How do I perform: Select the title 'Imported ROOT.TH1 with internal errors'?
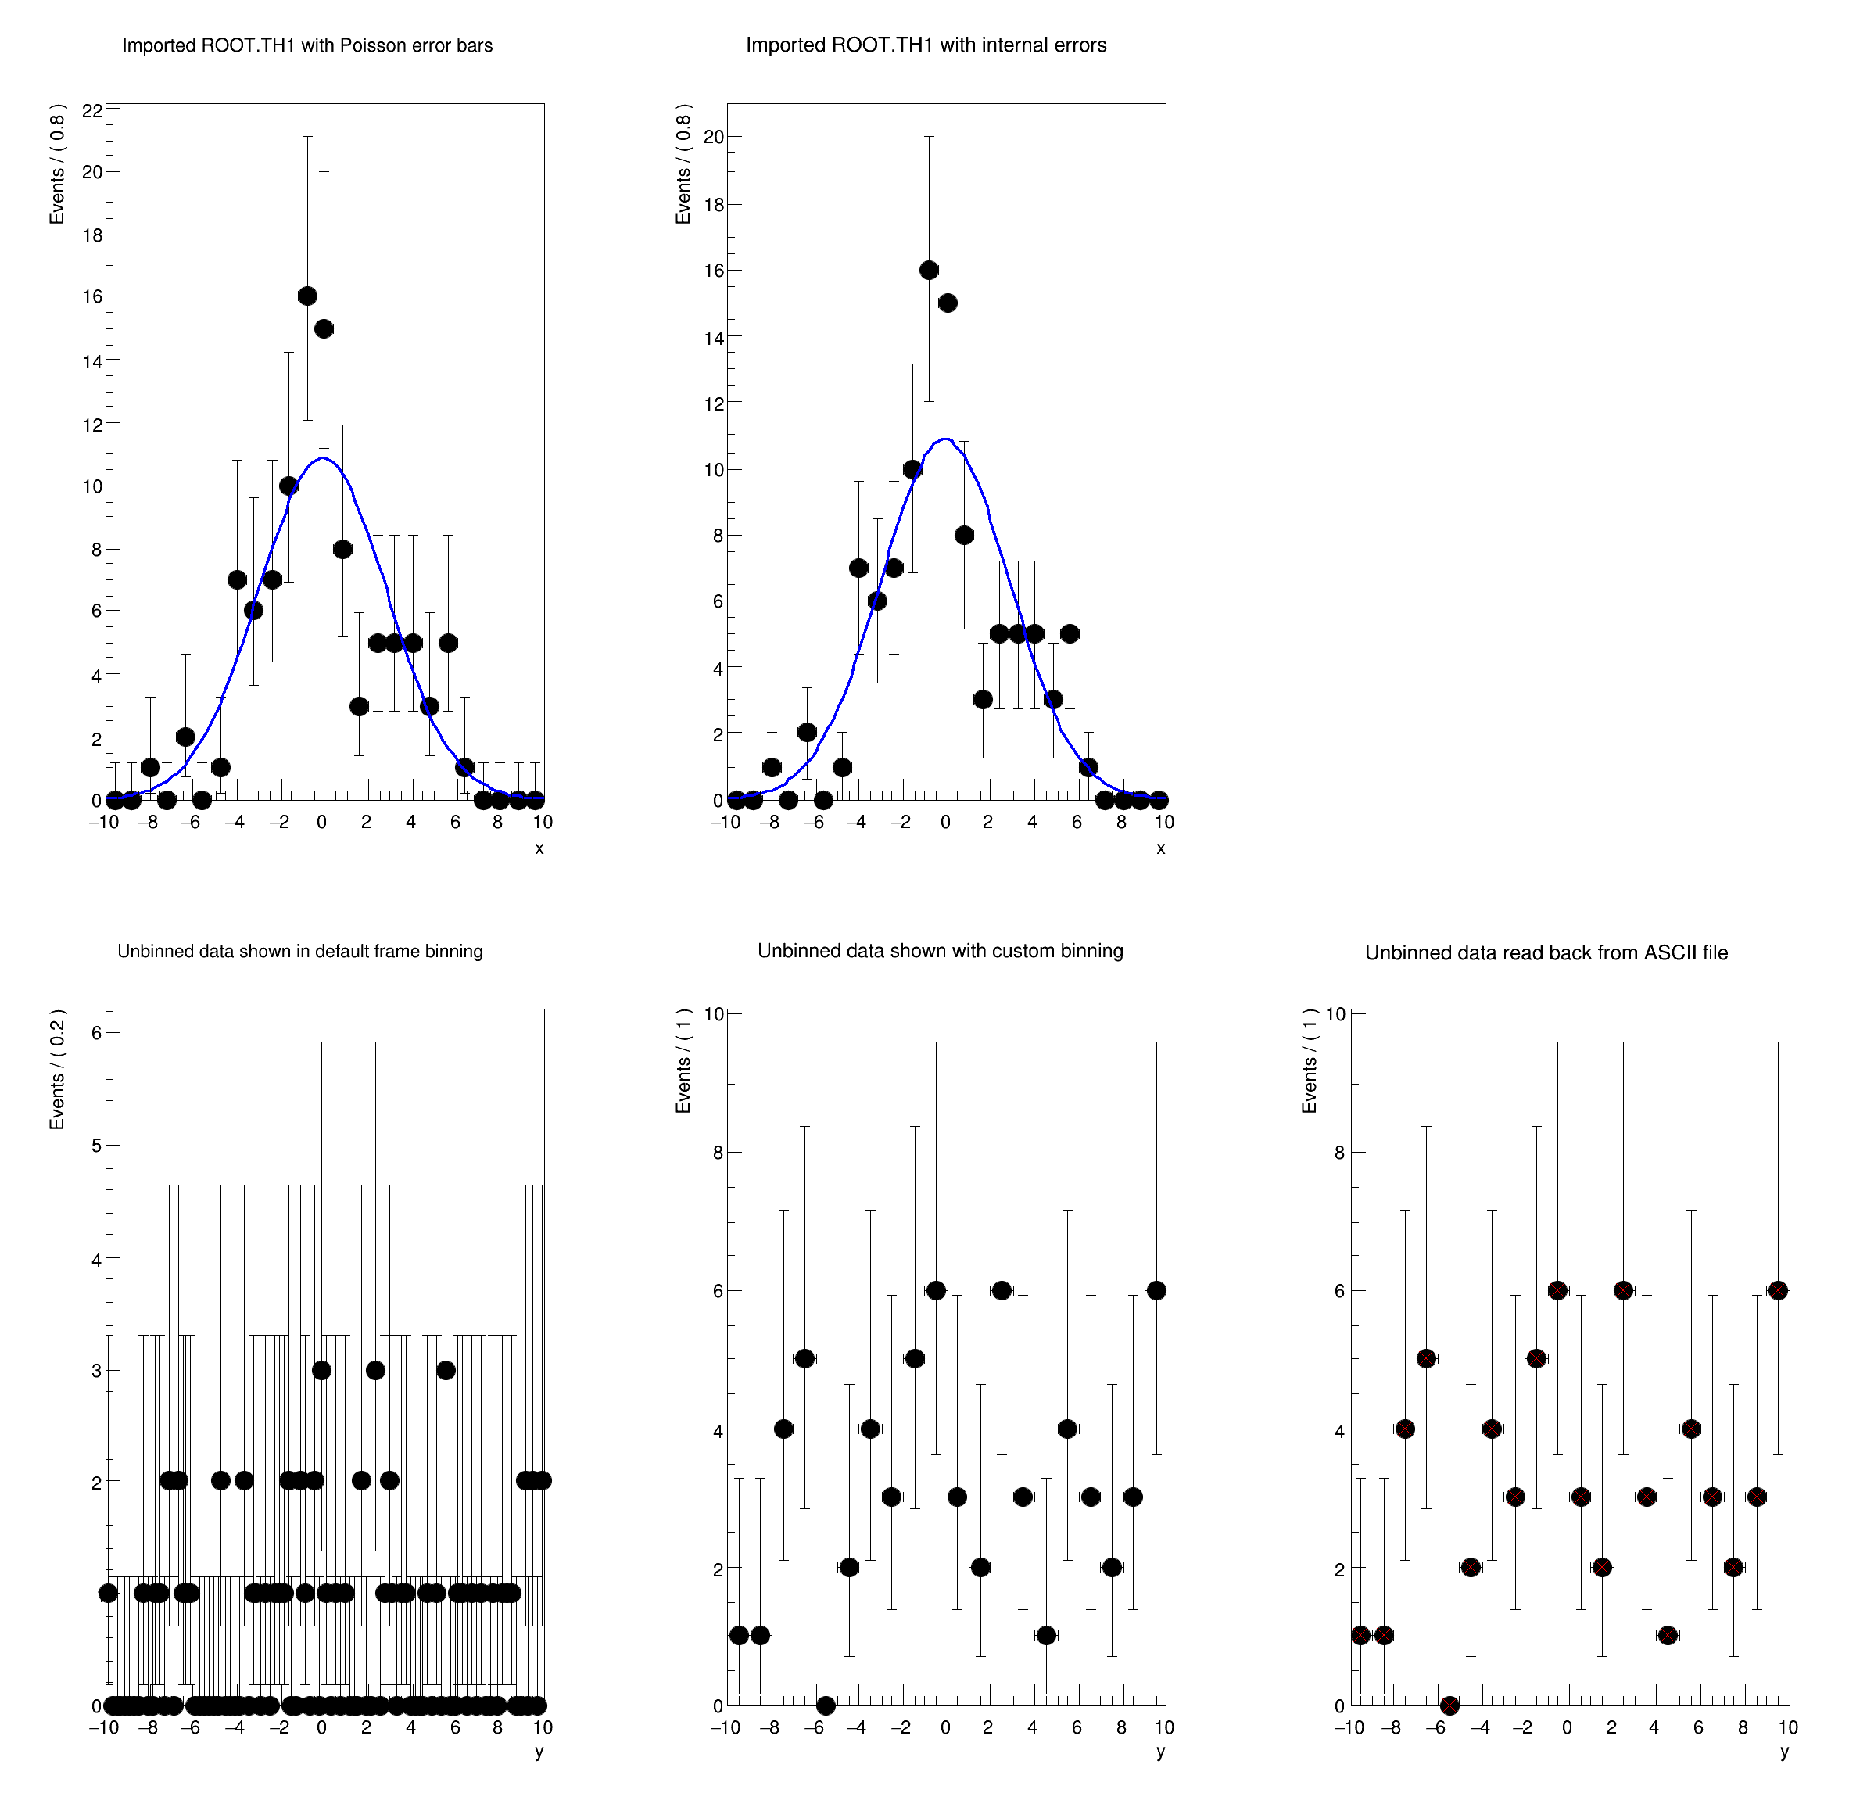point(926,45)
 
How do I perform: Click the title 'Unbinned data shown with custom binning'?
point(941,951)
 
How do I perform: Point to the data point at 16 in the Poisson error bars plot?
point(306,296)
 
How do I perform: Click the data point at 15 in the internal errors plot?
point(947,303)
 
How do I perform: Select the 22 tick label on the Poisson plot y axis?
point(92,110)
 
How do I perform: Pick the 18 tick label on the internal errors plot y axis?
point(714,205)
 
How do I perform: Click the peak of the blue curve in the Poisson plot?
point(324,458)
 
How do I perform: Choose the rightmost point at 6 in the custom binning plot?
point(1156,1291)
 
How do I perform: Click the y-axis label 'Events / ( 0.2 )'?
point(58,1069)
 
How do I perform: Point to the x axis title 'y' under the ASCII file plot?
point(1784,1751)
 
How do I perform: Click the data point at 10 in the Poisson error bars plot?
point(288,486)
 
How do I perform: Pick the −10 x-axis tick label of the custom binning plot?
point(725,1727)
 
